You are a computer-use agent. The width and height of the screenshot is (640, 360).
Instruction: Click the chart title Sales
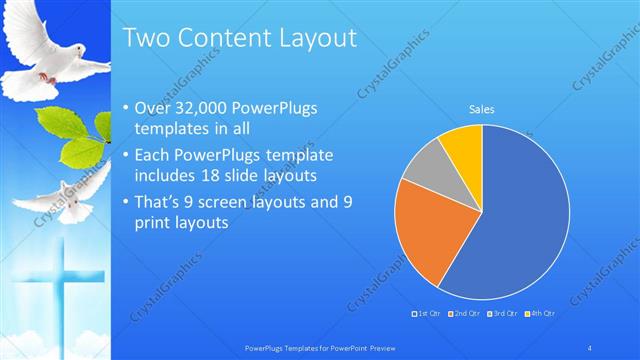click(x=482, y=110)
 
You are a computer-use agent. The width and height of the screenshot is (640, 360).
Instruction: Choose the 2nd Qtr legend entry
click(x=463, y=314)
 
